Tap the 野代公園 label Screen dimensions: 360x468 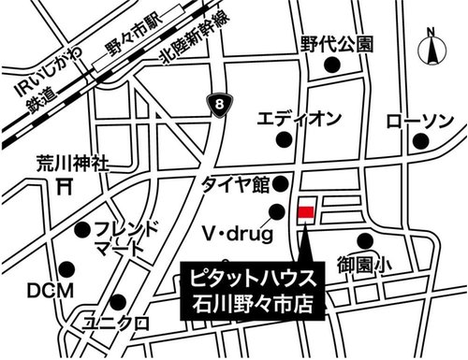pos(337,44)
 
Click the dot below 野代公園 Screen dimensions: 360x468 pos(329,66)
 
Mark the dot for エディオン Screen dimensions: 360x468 pos(283,140)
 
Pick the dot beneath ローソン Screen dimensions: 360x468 pos(422,142)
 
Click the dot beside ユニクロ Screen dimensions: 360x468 pos(118,302)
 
